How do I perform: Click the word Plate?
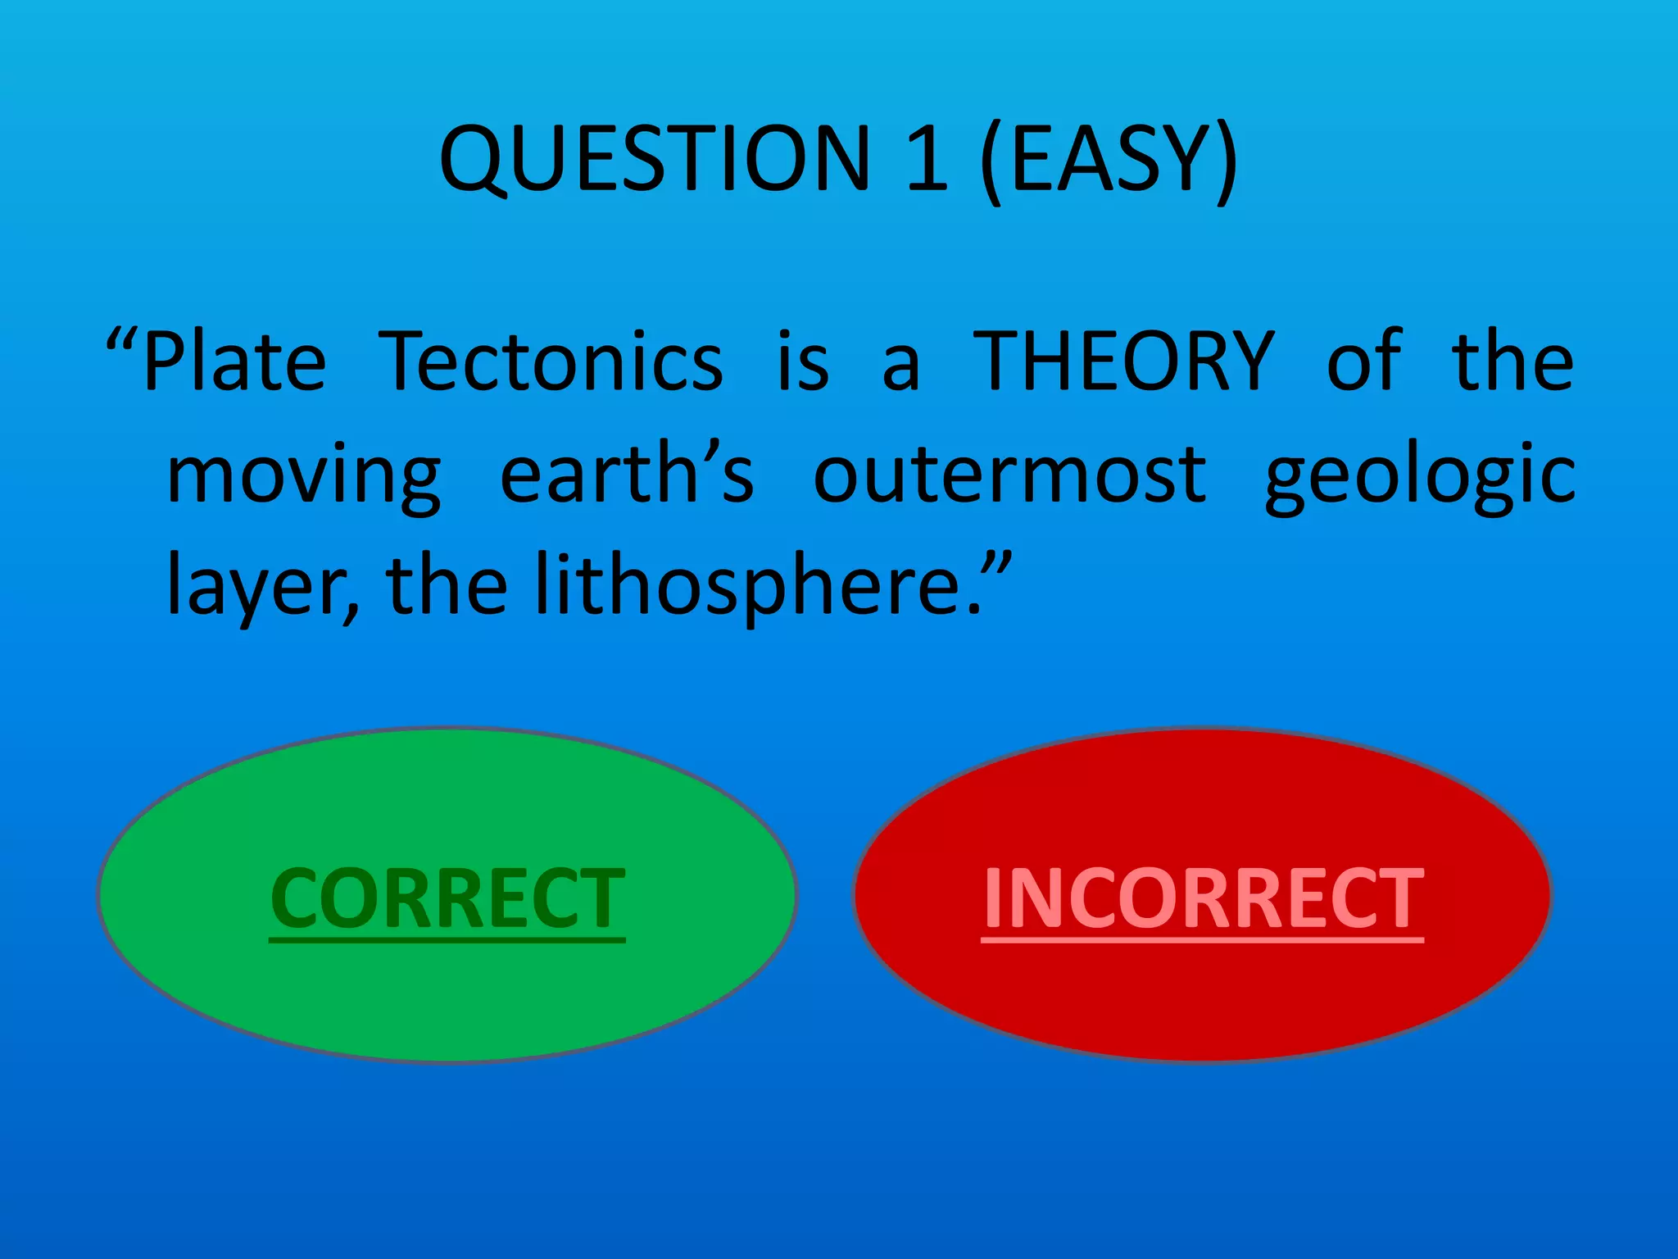pos(235,361)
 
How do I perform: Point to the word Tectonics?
pos(553,361)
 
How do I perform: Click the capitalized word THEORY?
pos(1123,361)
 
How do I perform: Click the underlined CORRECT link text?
pos(447,899)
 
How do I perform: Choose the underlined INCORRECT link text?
pos(1203,899)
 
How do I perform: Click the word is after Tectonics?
pos(803,361)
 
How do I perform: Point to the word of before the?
pos(1364,361)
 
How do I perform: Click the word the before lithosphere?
pos(447,587)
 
